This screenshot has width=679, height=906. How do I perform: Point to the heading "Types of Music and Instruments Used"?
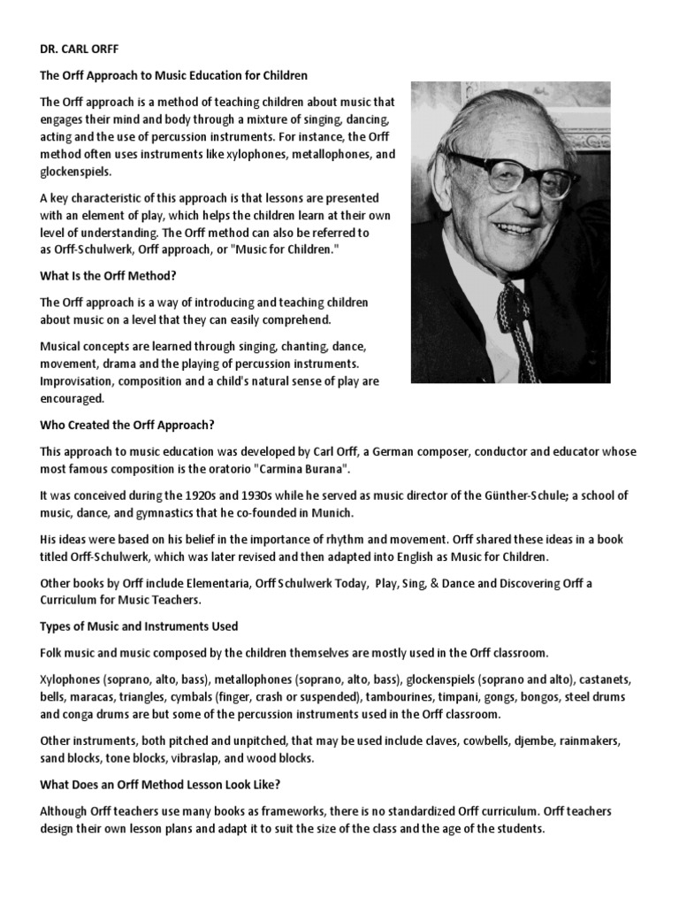[139, 626]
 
